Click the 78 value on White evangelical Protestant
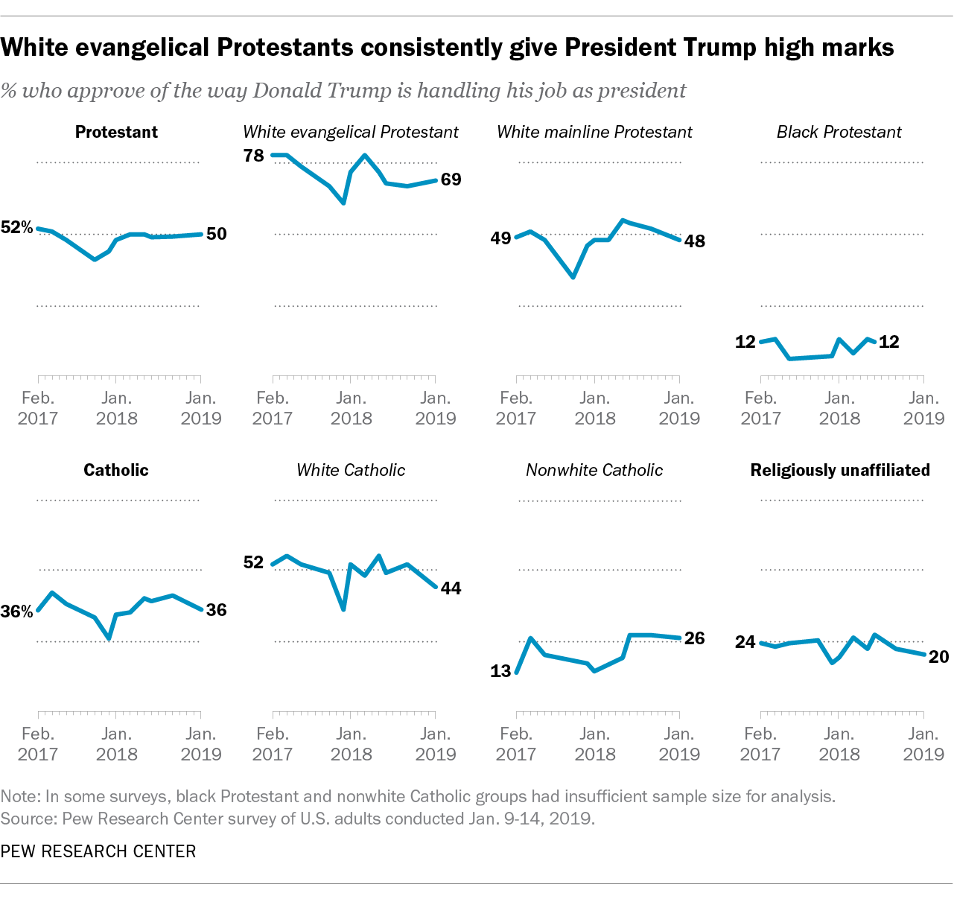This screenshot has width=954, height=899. (x=254, y=156)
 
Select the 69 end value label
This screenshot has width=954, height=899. (x=451, y=180)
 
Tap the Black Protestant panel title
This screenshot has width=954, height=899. (x=839, y=132)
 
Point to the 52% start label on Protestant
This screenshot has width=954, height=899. (x=17, y=228)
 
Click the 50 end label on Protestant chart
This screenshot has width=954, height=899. (x=216, y=234)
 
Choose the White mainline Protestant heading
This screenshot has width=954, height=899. (x=594, y=132)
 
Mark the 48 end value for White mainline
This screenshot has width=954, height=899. (x=694, y=241)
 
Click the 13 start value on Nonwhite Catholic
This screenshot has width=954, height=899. (x=500, y=671)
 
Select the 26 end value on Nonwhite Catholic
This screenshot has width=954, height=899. (x=694, y=638)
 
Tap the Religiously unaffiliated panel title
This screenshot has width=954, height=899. (x=840, y=470)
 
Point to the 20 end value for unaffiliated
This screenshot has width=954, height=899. (x=938, y=656)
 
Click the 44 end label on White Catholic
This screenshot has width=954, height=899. (x=451, y=588)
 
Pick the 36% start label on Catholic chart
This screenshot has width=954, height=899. (x=17, y=612)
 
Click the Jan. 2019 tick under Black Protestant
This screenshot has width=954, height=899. (x=923, y=408)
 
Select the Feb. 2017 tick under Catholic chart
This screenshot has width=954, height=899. (x=38, y=744)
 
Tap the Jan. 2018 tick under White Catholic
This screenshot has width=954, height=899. (x=351, y=744)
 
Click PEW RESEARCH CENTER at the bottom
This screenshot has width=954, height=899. (x=98, y=851)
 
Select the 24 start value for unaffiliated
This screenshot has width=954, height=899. (x=745, y=641)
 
